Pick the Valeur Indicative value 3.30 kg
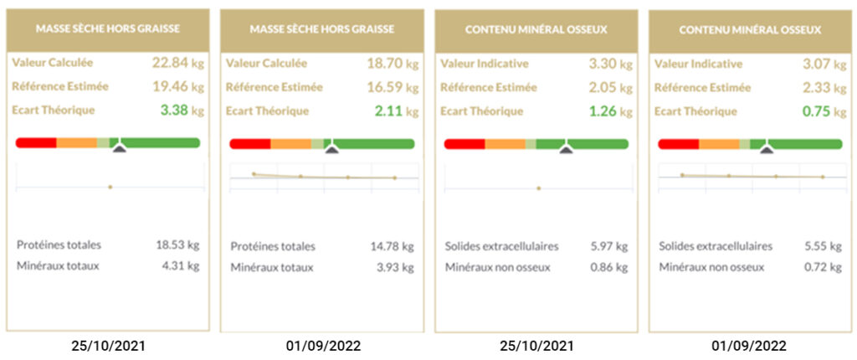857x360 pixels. click(600, 62)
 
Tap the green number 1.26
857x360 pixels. click(600, 111)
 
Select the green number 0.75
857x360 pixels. click(814, 111)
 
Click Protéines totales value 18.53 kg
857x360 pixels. click(177, 245)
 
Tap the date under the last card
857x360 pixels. click(750, 344)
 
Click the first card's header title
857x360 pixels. click(107, 28)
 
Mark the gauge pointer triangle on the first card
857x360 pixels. click(119, 147)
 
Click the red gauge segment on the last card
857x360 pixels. click(679, 144)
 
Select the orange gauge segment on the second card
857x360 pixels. click(290, 144)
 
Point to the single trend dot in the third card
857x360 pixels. click(538, 188)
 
